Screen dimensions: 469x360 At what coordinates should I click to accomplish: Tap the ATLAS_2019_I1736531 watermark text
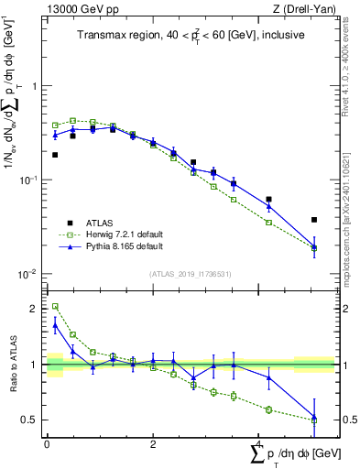click(191, 274)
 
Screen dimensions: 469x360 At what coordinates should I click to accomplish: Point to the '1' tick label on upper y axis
click(34, 86)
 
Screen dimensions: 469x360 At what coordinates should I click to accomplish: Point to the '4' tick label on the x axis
click(259, 443)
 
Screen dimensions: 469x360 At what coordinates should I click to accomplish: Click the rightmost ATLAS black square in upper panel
click(314, 220)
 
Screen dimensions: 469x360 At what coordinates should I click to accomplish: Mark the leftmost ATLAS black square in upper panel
click(55, 155)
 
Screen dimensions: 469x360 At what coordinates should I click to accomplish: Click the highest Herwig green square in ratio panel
click(55, 307)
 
